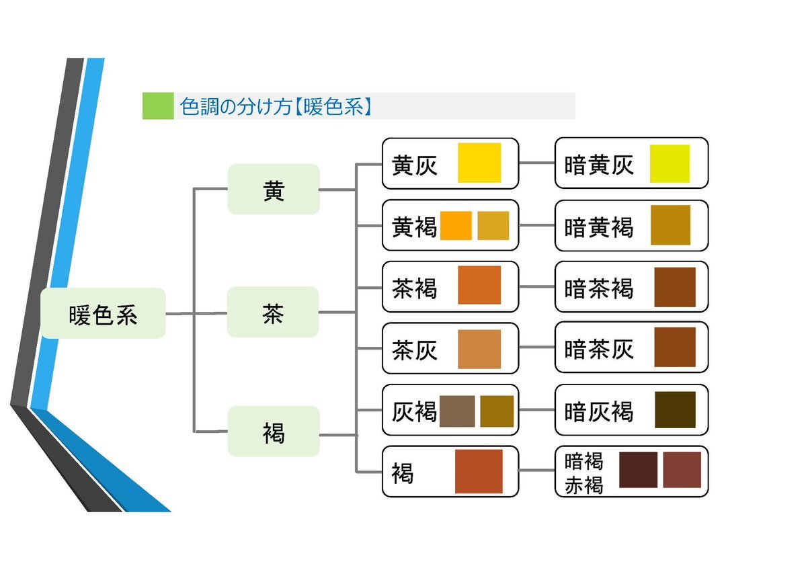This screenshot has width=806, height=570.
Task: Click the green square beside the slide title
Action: (x=158, y=106)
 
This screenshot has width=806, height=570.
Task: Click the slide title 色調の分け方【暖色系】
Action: (x=276, y=106)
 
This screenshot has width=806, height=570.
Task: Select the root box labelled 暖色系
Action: (x=104, y=313)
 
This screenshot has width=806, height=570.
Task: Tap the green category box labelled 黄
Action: (x=274, y=189)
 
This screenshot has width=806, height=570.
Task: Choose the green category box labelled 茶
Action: (x=273, y=312)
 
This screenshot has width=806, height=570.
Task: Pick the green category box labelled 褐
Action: (x=274, y=432)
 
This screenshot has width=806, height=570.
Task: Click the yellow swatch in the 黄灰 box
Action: (x=479, y=163)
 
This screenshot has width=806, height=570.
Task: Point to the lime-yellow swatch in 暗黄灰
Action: (x=670, y=163)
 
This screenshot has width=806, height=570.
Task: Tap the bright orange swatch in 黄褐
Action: (x=456, y=226)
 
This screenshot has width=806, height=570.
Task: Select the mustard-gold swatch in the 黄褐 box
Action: (x=493, y=226)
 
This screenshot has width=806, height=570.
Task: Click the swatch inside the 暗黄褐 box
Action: (x=670, y=225)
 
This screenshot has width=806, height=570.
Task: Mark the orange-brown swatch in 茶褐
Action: (x=479, y=285)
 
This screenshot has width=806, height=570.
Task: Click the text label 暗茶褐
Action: (x=598, y=288)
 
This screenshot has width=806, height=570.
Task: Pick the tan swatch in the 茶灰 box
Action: (x=479, y=349)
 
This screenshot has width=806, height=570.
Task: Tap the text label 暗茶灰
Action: (x=598, y=350)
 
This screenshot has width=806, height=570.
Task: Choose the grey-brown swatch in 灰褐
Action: (x=457, y=411)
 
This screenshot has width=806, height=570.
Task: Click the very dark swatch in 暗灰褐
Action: (x=675, y=409)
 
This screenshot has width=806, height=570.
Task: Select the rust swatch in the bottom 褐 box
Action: (x=479, y=471)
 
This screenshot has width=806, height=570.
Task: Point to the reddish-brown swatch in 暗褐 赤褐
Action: (x=682, y=470)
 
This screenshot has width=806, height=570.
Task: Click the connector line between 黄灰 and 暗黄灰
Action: (x=536, y=163)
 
